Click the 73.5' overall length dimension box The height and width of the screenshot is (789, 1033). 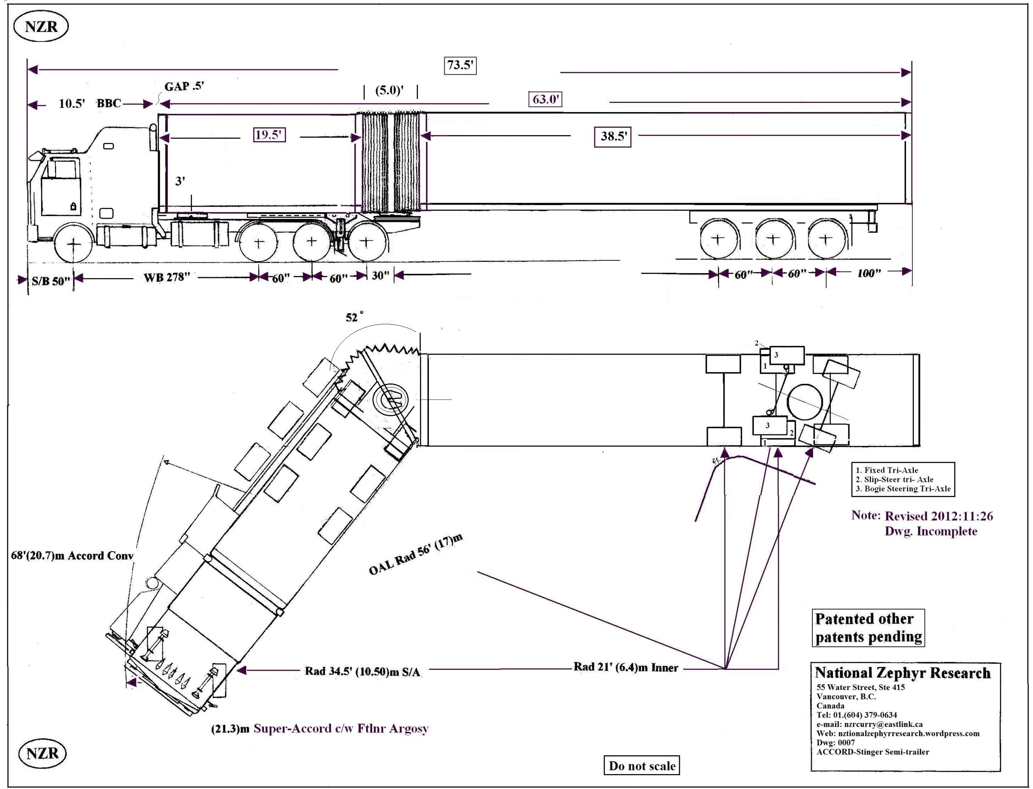click(460, 65)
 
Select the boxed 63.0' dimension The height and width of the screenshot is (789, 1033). click(545, 100)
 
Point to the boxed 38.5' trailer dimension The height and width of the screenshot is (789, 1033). click(613, 137)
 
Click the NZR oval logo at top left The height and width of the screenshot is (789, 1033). click(41, 27)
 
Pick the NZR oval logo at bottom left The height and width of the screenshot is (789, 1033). click(42, 753)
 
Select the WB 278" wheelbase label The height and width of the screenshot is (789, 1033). click(167, 278)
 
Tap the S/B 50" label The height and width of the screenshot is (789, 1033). click(51, 281)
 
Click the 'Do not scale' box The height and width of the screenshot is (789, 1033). click(642, 766)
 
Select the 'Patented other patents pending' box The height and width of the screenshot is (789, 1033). click(868, 628)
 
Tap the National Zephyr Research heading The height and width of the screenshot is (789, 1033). click(903, 673)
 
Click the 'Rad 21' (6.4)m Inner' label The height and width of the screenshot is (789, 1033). click(625, 668)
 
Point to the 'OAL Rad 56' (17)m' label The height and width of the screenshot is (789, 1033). click(416, 554)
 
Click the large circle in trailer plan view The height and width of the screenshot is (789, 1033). click(805, 403)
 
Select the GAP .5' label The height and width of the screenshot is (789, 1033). click(184, 86)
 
